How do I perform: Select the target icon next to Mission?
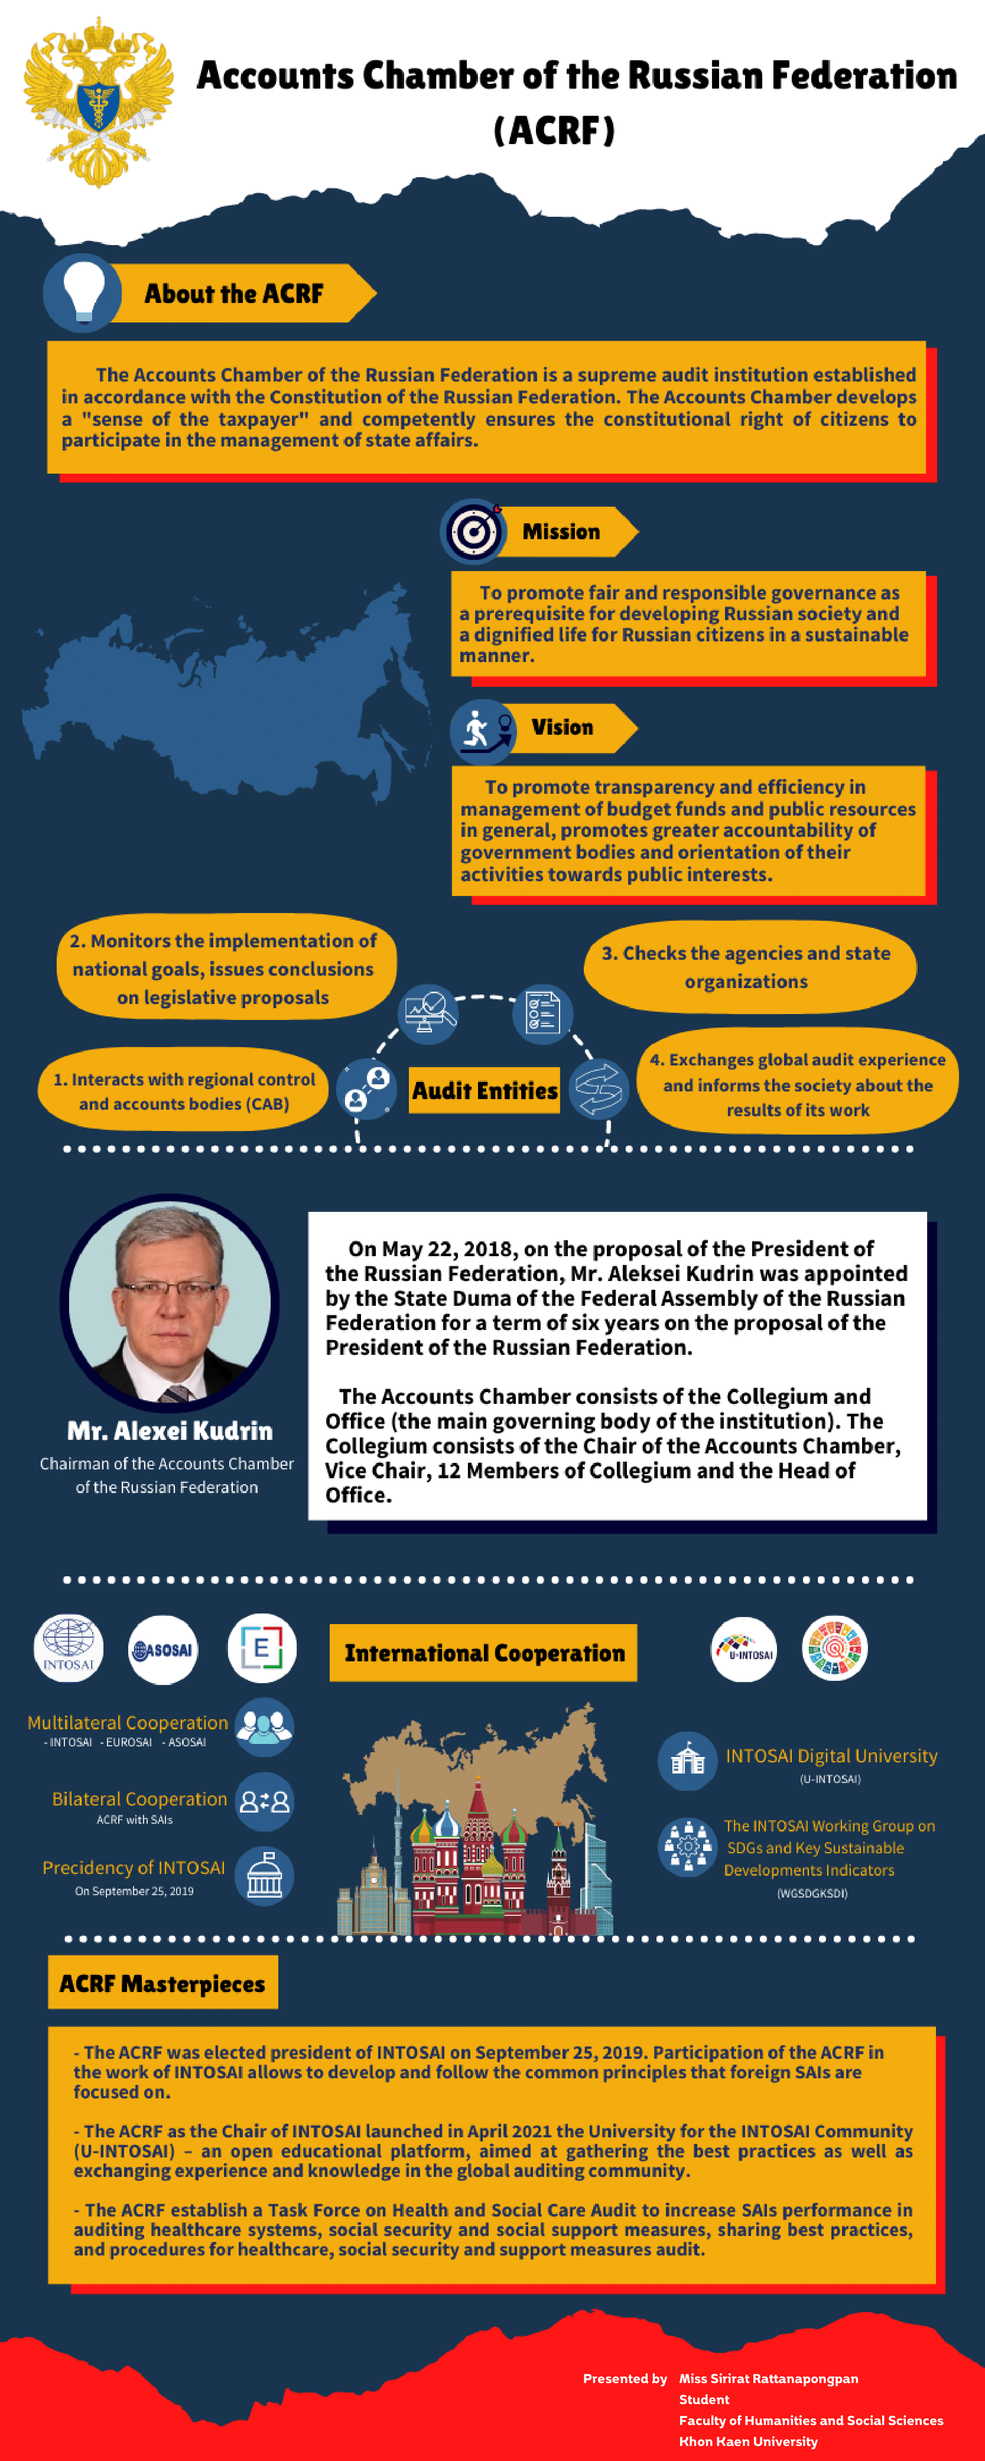coord(473,531)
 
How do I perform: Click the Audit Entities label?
coord(485,1090)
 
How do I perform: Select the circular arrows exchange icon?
coord(598,1087)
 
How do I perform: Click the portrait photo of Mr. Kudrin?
coord(170,1302)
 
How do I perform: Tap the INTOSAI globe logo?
coord(68,1648)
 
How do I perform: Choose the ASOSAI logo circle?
coord(163,1649)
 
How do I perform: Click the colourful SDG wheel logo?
coord(834,1648)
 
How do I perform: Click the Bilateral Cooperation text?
coord(139,1799)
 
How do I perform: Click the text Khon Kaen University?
coord(748,2441)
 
